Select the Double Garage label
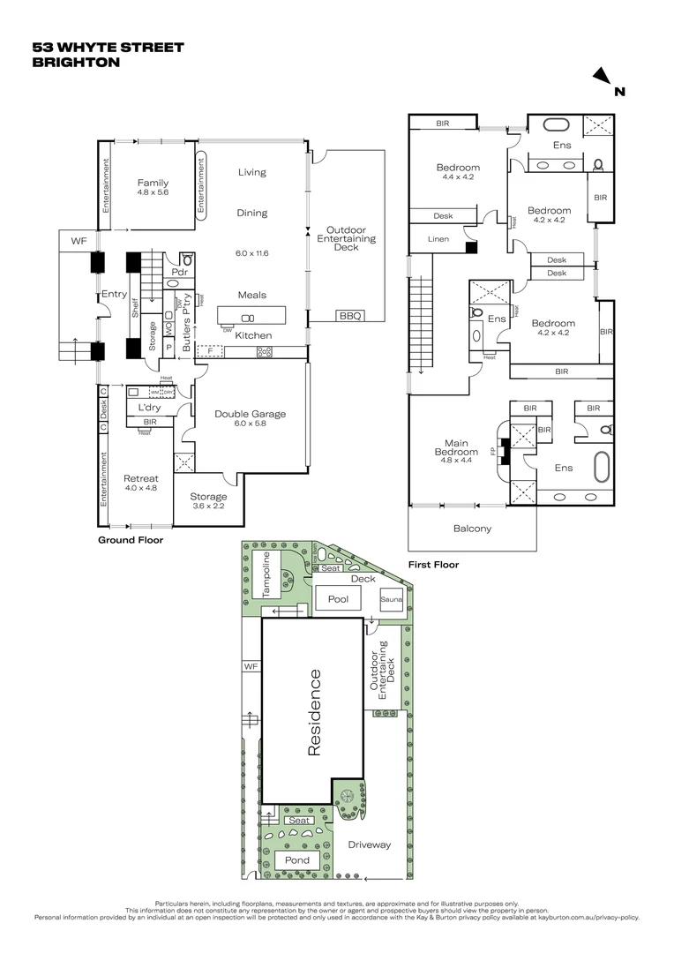(251, 414)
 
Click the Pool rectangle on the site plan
(339, 599)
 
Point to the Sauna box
(391, 599)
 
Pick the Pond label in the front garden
(297, 860)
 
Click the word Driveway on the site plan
(369, 844)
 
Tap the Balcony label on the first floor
(472, 529)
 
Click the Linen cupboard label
(438, 239)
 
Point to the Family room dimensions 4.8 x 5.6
(152, 191)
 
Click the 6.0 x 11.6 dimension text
(251, 253)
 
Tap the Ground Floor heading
(131, 539)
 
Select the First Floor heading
(433, 564)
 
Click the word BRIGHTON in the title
(76, 63)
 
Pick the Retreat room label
(141, 478)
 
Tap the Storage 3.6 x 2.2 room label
(209, 501)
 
